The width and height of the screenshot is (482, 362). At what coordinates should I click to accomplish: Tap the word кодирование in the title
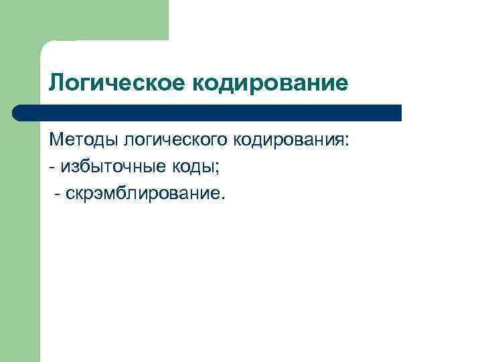tap(270, 84)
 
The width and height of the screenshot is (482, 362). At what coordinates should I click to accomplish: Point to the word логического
tap(173, 141)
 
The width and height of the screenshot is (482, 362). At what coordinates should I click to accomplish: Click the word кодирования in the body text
tap(289, 141)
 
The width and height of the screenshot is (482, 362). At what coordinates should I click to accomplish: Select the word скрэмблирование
tap(143, 194)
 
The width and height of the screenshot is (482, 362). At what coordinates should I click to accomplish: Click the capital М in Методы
tap(56, 141)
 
